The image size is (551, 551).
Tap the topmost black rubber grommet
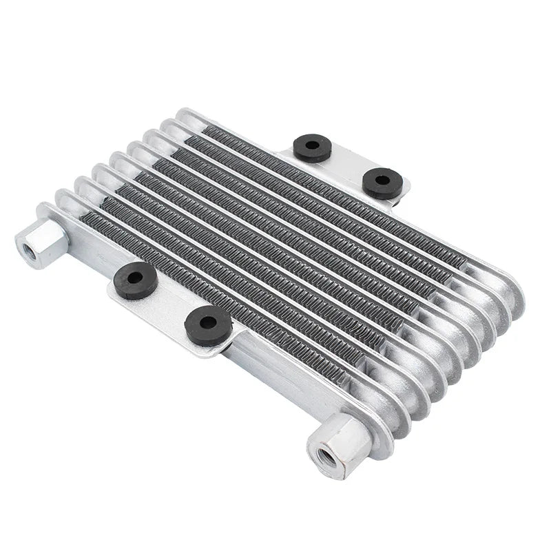tap(312, 147)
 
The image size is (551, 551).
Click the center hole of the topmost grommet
tap(312, 145)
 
